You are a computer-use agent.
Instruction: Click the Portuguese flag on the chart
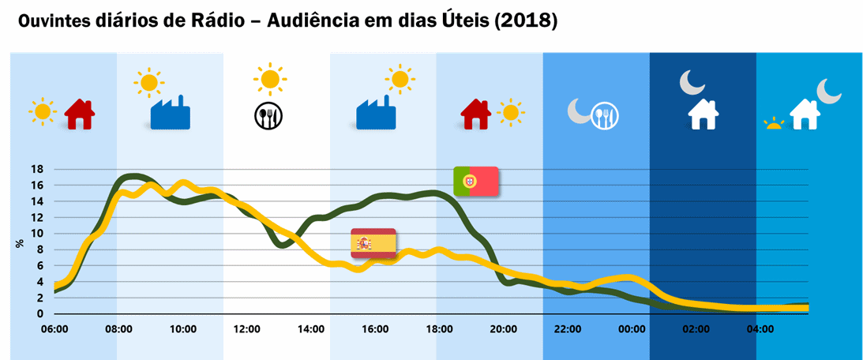(475, 182)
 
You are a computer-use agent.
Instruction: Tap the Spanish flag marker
(373, 243)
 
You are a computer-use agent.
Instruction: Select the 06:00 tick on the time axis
(54, 329)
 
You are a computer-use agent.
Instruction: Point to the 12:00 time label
(246, 329)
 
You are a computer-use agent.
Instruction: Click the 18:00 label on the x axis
(439, 329)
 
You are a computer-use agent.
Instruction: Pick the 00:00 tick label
(632, 329)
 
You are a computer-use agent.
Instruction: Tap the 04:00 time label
(760, 329)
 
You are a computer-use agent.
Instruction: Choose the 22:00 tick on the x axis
(568, 329)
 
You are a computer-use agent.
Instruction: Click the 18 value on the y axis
(36, 169)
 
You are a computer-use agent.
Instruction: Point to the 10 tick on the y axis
(36, 234)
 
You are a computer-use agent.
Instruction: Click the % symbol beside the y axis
(20, 243)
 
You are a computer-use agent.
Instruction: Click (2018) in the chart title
(526, 21)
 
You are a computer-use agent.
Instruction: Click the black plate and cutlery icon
(268, 117)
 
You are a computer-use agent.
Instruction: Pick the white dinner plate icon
(605, 117)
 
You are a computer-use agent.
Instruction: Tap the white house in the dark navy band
(703, 114)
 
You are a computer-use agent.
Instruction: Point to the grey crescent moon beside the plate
(578, 112)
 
